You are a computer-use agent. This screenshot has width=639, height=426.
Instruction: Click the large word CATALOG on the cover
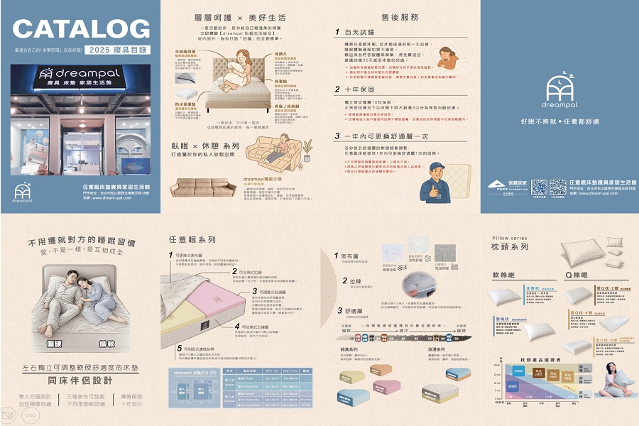pyautogui.click(x=81, y=29)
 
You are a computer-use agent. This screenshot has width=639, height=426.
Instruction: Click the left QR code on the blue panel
pyautogui.click(x=539, y=187)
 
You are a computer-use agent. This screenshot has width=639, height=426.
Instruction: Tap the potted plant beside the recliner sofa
pyautogui.click(x=307, y=148)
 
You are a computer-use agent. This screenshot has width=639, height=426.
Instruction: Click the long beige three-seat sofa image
pyautogui.click(x=204, y=187)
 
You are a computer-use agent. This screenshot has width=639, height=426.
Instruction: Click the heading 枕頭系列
pyautogui.click(x=510, y=246)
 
